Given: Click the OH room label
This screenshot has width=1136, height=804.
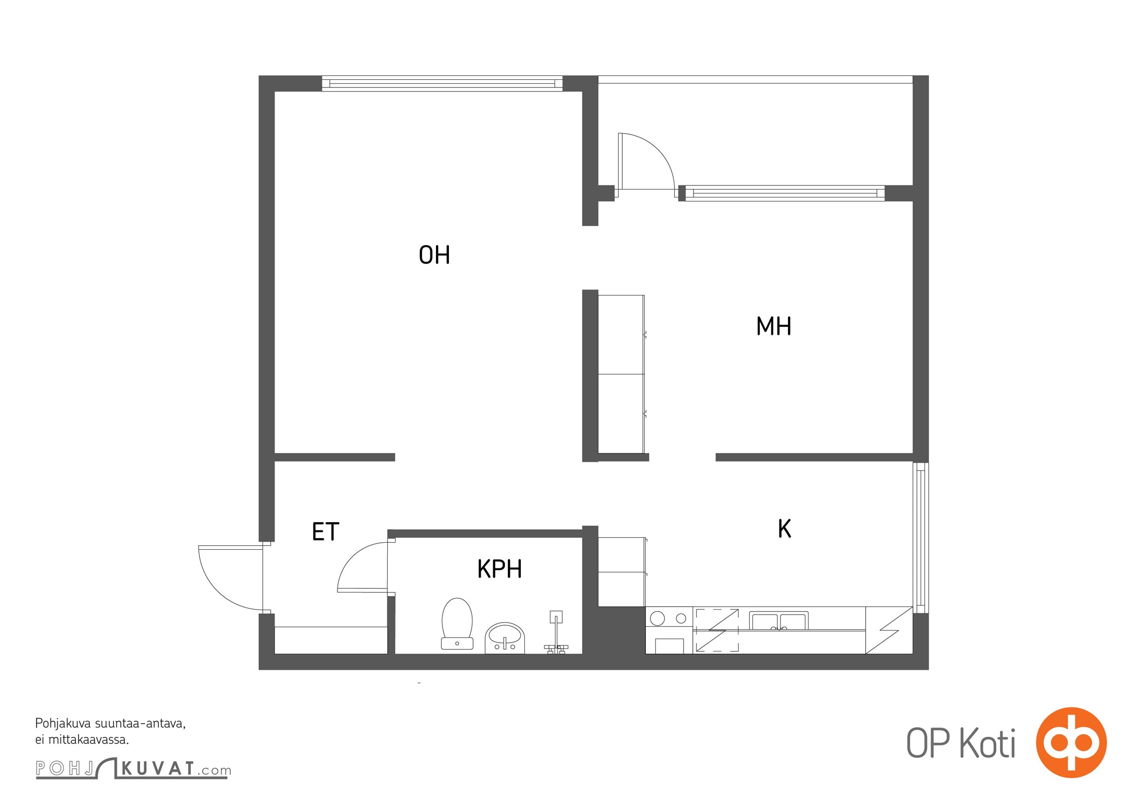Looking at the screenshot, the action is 434,255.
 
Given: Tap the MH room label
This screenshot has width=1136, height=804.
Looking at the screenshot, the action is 773,326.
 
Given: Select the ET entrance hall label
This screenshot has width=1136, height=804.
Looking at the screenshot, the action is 325,532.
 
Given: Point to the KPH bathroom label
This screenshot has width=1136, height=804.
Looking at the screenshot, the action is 499,569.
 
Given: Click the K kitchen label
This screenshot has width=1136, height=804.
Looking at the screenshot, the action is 784,529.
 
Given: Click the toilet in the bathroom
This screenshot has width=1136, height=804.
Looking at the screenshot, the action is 457,624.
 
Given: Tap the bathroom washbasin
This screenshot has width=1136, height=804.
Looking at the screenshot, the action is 505,638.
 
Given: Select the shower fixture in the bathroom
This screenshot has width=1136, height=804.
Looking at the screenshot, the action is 556,632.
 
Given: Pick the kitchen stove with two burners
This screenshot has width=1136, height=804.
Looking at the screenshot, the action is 669,630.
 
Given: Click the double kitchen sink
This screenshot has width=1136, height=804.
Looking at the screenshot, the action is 778,621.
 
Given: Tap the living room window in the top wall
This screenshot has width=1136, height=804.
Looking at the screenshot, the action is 442,83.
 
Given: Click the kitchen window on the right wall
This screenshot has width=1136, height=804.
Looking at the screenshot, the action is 921,538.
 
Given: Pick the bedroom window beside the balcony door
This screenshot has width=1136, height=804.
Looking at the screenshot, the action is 784,193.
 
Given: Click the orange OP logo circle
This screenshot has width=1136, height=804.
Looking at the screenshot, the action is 1071,742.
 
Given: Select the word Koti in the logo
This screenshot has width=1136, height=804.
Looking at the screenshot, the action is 987,743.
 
